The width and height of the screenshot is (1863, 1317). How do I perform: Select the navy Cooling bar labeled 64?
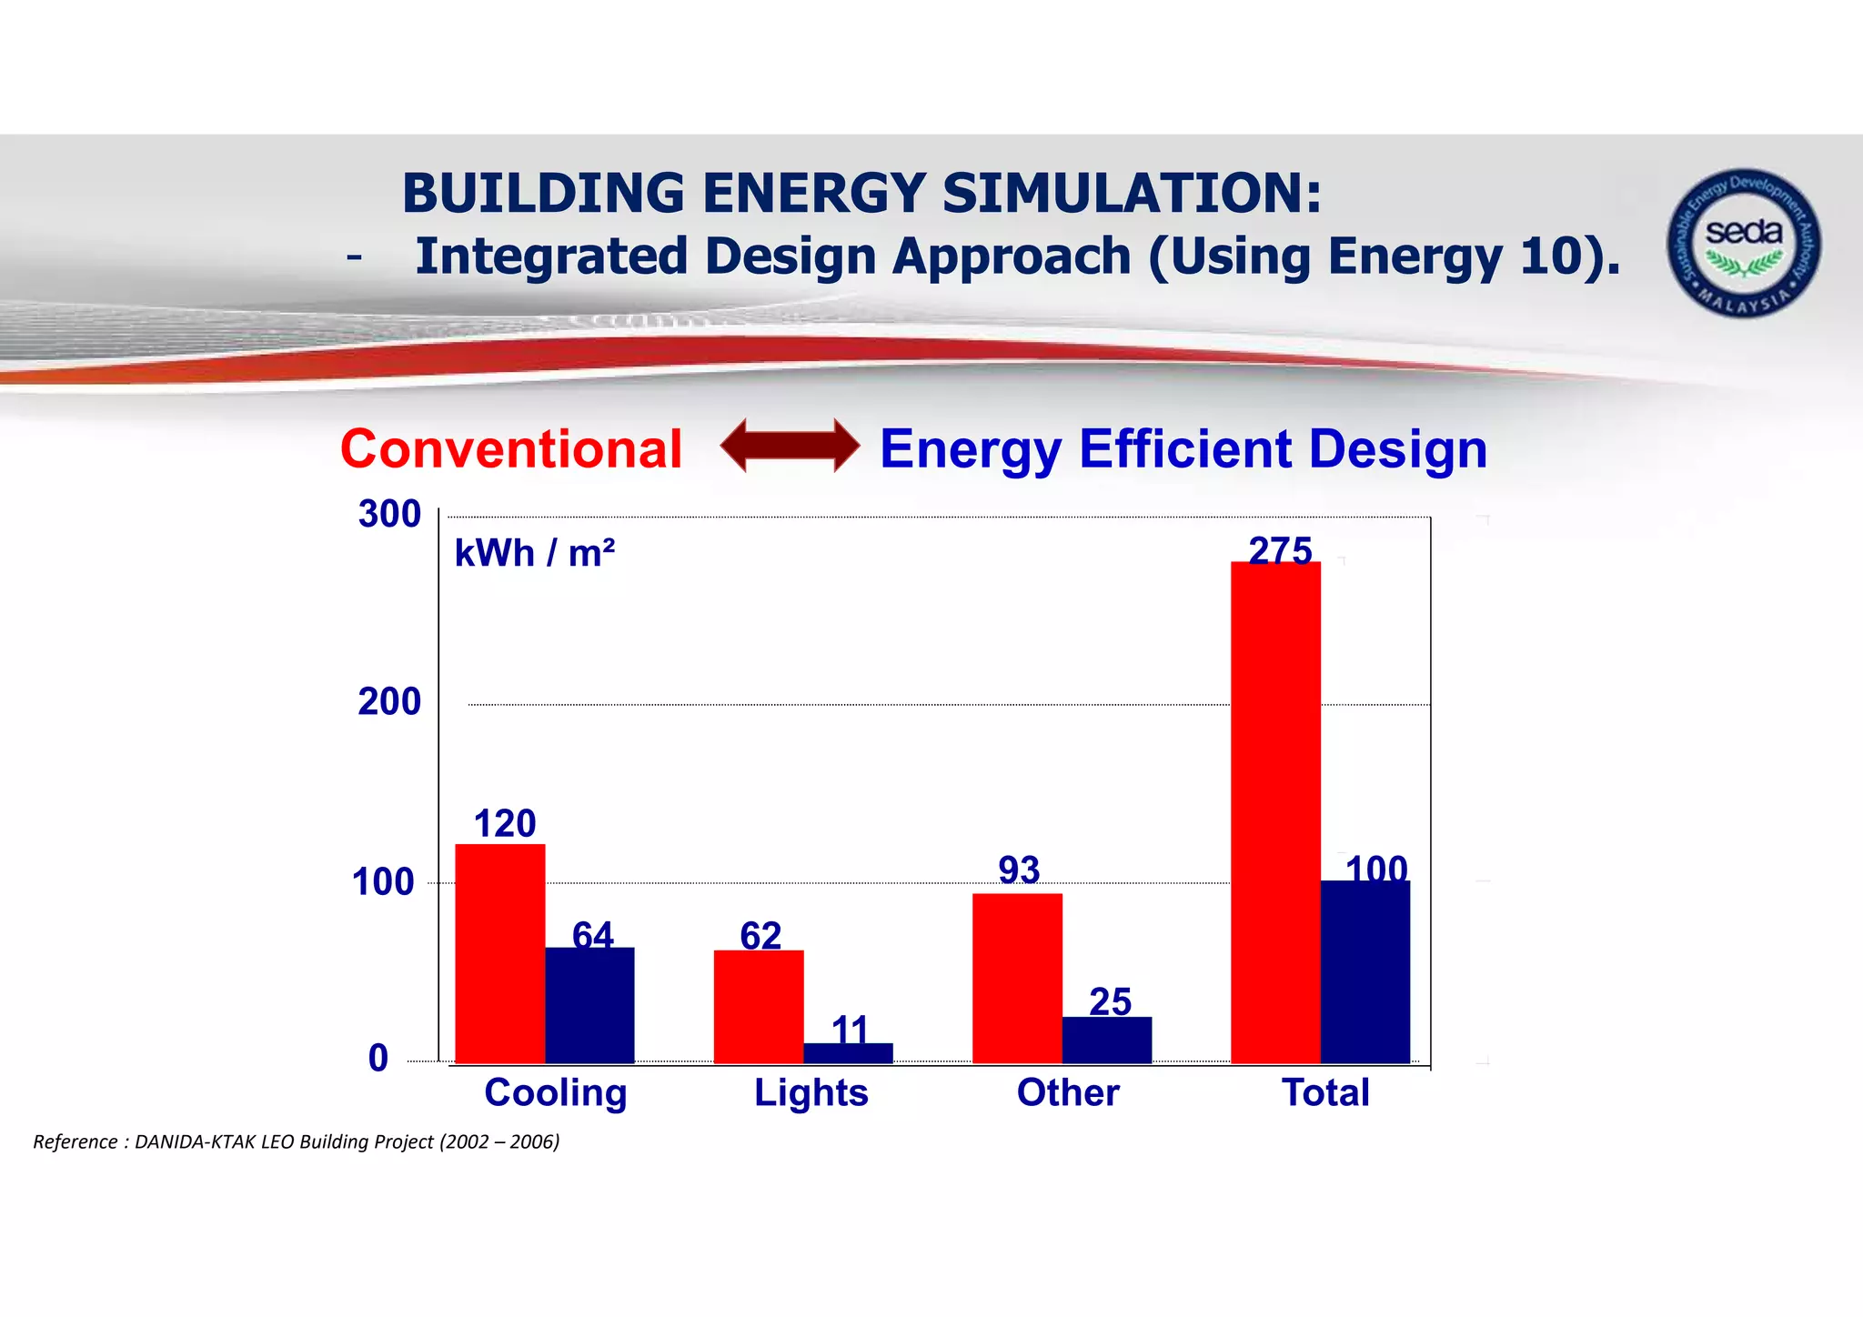coord(589,1005)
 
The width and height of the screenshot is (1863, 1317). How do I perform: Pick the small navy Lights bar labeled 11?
coord(848,1053)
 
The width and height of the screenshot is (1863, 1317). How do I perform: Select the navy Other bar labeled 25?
coord(1106,1040)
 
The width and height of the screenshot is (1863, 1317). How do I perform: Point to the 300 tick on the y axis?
coord(389,515)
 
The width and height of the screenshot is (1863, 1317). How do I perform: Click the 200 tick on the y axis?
coord(389,702)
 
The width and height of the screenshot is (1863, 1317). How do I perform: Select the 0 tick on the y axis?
coord(378,1059)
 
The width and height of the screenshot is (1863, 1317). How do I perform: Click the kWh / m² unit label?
coord(535,553)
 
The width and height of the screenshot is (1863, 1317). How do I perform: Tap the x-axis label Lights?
coord(811,1092)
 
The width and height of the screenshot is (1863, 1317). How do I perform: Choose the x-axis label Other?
coord(1068,1092)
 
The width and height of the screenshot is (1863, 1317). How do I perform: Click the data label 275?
coord(1280,549)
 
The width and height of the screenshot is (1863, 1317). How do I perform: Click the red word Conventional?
coord(511,449)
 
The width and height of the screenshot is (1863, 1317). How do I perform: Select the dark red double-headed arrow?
coord(790,446)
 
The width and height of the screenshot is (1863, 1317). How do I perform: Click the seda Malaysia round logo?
coord(1743,243)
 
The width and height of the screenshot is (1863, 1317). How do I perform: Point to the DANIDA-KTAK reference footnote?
coord(297,1141)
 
